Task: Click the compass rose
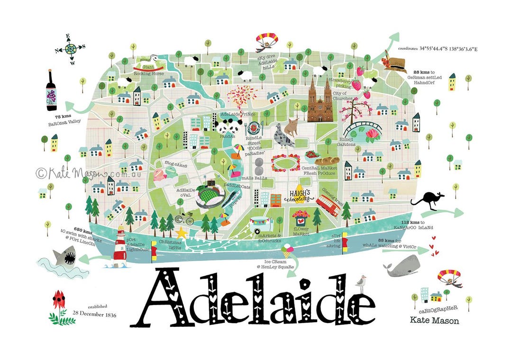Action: point(70,48)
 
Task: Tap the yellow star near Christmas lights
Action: point(181,233)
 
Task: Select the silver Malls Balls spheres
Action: point(258,166)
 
